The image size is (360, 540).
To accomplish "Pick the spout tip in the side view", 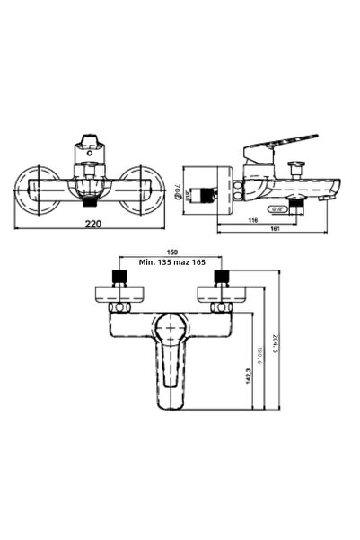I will [332, 190].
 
